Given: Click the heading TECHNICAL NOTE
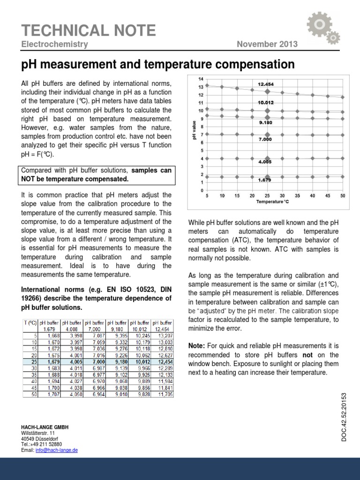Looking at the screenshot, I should pos(89,30).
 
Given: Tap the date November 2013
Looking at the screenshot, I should pos(267,45).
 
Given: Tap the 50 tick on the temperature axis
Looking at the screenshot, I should pos(343,195).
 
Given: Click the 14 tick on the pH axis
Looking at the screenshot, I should pos(201,78).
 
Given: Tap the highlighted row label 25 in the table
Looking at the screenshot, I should pos(34,362).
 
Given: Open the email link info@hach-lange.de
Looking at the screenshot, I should pos(56,450).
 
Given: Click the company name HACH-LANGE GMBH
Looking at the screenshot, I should pos(45,427).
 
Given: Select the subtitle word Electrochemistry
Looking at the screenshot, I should pos(54,45).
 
